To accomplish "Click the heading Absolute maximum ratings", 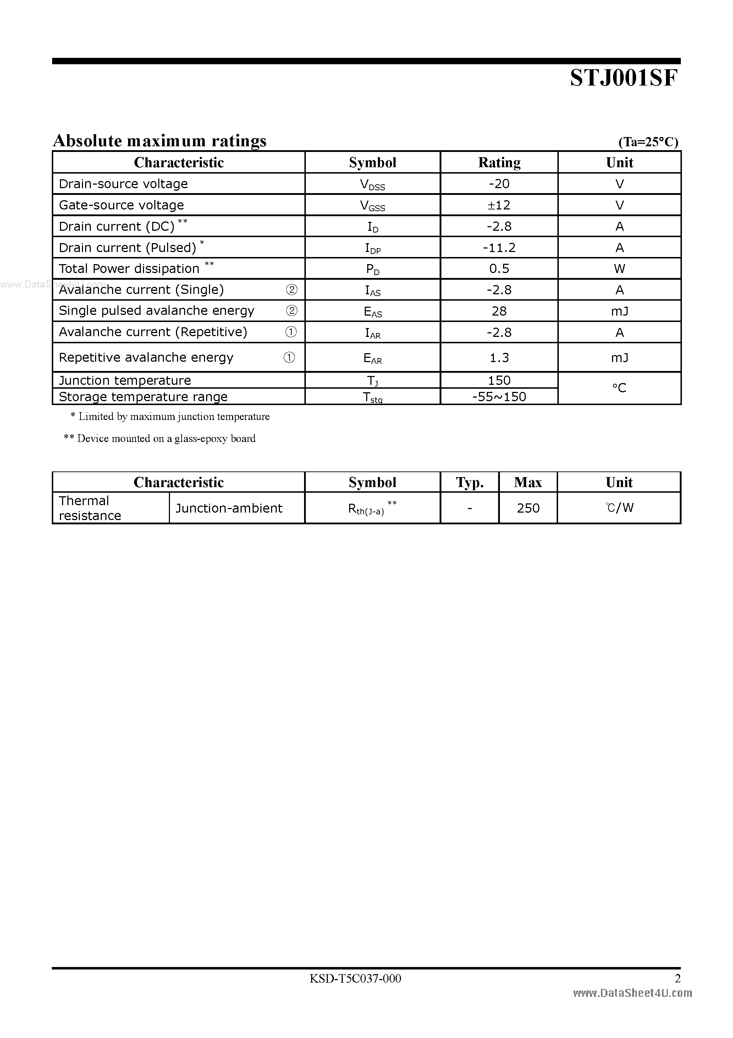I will (x=160, y=141).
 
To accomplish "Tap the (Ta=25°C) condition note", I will (x=648, y=142).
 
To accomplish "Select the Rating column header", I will (x=499, y=162).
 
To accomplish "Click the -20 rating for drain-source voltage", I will (x=499, y=184).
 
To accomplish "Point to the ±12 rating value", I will (x=499, y=205).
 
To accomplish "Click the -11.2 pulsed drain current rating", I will (x=499, y=248).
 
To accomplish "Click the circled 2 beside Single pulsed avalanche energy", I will (x=292, y=311).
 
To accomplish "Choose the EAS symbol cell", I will (x=373, y=311).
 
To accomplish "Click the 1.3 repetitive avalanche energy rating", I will (x=499, y=357).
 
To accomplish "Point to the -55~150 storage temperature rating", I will (x=499, y=397).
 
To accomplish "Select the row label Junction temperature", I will (x=125, y=381).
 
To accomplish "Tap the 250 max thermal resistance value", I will (x=528, y=508).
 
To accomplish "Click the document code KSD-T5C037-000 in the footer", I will (x=355, y=979).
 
